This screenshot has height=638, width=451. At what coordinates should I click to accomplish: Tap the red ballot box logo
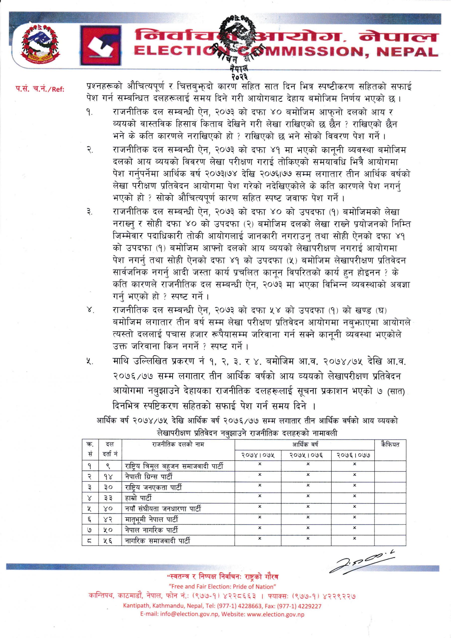click(101, 45)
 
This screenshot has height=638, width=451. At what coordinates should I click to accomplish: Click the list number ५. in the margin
click(89, 362)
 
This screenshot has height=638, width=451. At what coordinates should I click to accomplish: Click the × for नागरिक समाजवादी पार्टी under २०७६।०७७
click(355, 539)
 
